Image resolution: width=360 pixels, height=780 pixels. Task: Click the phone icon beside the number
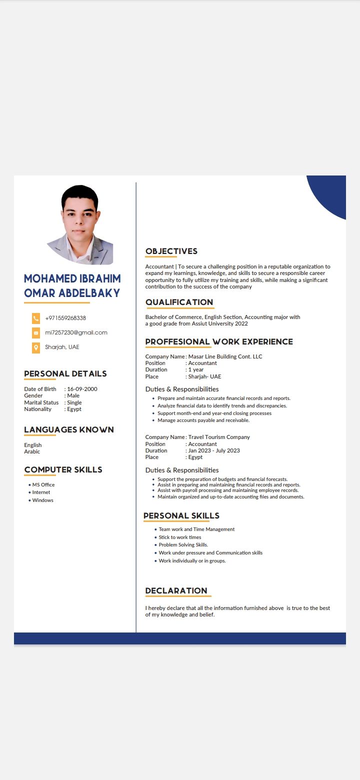point(36,318)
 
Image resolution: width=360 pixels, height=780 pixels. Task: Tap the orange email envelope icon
point(36,333)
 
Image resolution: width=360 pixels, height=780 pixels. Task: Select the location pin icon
point(36,347)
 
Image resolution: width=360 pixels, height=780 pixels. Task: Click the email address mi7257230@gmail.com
point(76,332)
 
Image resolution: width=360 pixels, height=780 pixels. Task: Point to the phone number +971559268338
point(65,318)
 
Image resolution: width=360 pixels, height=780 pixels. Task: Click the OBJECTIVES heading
point(171,251)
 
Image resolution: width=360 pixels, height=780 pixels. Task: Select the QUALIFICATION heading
point(179,302)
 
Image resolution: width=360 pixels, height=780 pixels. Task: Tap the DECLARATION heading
point(176,590)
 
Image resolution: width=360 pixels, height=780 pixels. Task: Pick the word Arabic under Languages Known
point(32,451)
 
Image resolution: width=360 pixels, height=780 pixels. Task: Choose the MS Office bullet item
point(43,484)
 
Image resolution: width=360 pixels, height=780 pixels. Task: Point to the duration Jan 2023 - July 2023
point(214,450)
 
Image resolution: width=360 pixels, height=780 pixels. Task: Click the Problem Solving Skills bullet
point(183,545)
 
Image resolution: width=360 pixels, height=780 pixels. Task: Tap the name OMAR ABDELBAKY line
point(72,293)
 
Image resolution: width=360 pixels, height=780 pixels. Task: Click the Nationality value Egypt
point(74,409)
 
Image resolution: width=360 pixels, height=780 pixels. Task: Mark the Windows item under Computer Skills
point(42,500)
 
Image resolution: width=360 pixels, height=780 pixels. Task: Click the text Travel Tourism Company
point(219,437)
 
